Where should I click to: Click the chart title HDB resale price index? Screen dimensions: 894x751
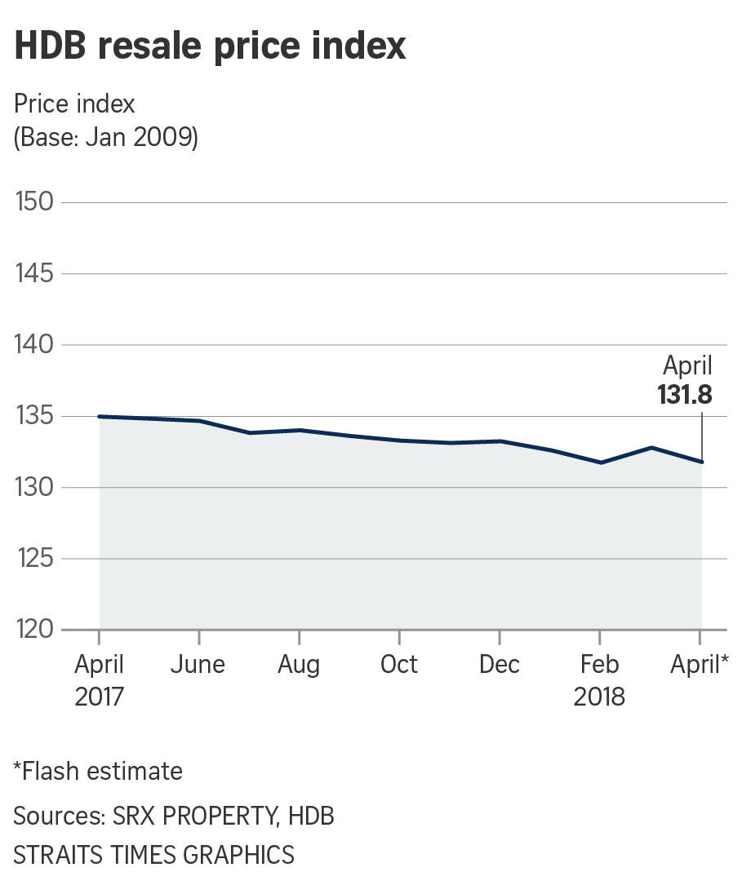pyautogui.click(x=210, y=46)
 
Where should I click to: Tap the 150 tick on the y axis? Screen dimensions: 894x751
pyautogui.click(x=35, y=201)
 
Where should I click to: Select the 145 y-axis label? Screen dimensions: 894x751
pyautogui.click(x=35, y=273)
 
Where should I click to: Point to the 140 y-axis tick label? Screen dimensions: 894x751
pyautogui.click(x=35, y=345)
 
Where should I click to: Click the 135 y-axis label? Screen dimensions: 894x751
pyautogui.click(x=35, y=416)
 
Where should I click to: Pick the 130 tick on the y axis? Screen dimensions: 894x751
pyautogui.click(x=35, y=488)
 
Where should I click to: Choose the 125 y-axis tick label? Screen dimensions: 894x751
pyautogui.click(x=35, y=559)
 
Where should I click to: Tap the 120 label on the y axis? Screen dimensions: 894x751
pyautogui.click(x=35, y=630)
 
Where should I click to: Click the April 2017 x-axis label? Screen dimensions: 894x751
pyautogui.click(x=100, y=680)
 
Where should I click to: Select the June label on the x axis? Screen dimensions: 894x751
pyautogui.click(x=198, y=665)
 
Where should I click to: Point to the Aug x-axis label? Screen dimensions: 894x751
pyautogui.click(x=299, y=665)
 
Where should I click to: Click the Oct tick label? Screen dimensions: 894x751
pyautogui.click(x=399, y=665)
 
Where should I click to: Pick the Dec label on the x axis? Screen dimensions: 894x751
pyautogui.click(x=500, y=665)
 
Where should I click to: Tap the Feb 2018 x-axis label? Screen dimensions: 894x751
pyautogui.click(x=599, y=680)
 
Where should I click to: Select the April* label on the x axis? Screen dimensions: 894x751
pyautogui.click(x=699, y=665)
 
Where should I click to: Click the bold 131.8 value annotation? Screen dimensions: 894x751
pyautogui.click(x=685, y=396)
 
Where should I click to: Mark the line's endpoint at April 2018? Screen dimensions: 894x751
pyautogui.click(x=701, y=462)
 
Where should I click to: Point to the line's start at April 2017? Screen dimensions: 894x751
pyautogui.click(x=100, y=416)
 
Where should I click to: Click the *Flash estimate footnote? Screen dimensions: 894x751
pyautogui.click(x=98, y=771)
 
